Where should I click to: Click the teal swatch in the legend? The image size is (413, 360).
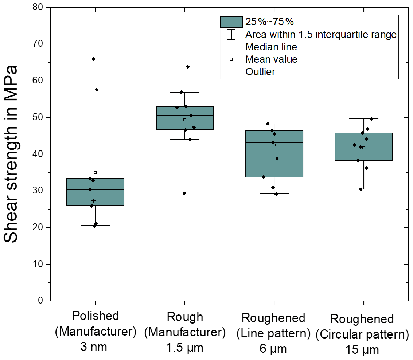pos(231,22)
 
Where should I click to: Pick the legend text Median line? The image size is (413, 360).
pos(271,47)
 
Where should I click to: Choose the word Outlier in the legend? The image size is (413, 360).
pos(260,72)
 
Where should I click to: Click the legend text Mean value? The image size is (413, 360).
pos(271,59)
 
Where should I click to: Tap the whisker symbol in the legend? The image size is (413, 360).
pos(231,34)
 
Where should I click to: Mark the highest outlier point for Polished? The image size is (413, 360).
pos(93,59)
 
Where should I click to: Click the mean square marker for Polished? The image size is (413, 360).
pos(95,173)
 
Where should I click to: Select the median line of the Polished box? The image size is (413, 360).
pos(96,190)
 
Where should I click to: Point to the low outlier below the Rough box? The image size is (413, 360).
pos(184,193)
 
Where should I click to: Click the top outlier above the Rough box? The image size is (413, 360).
pos(188,67)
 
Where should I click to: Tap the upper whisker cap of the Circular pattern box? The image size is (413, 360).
pos(363,119)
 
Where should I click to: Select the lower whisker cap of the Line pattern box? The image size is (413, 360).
pos(274,194)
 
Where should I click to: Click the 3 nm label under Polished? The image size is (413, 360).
pos(94,347)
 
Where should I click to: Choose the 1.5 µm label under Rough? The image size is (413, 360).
pos(185,348)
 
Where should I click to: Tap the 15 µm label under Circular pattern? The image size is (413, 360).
pos(362,350)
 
